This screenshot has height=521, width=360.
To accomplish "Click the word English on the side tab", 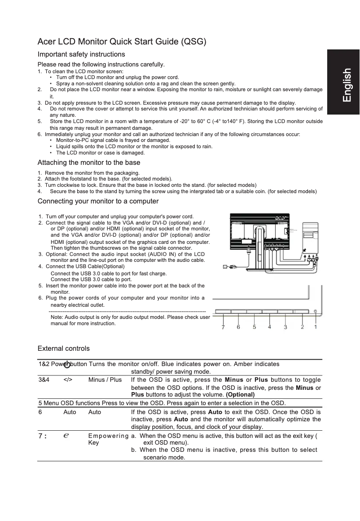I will (x=346, y=85).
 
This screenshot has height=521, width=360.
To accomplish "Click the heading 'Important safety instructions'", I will (x=81, y=54).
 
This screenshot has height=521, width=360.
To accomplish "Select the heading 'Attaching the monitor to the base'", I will (x=89, y=163).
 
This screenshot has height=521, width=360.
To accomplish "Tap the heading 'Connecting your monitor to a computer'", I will (x=98, y=201).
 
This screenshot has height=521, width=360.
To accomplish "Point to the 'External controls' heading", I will (x=63, y=349).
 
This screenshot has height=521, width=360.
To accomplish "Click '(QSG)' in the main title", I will (x=193, y=42).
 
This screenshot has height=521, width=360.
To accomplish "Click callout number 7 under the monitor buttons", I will (x=223, y=327).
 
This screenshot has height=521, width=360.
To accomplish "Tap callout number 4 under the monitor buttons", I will (x=269, y=327).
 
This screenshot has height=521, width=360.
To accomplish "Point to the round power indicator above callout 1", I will (x=316, y=311).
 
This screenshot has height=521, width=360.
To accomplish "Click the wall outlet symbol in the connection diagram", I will (x=225, y=267).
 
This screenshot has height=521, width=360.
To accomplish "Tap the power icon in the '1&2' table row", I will (x=66, y=364).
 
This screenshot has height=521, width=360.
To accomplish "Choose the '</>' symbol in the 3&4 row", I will (x=68, y=380).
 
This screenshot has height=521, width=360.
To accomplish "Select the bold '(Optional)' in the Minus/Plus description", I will (x=240, y=394).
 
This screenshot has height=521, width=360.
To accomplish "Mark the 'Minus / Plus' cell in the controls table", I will (x=105, y=380).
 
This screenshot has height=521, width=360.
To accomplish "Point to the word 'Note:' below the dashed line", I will (x=57, y=317).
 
